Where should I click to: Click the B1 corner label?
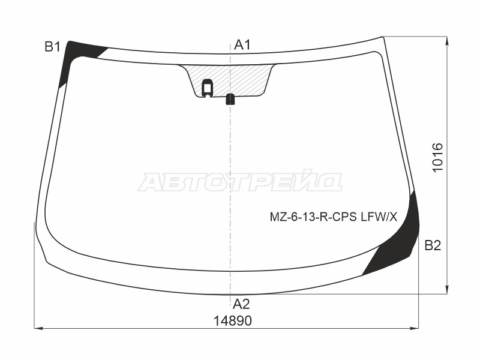coord(52,47)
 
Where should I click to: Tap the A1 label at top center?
coord(242,45)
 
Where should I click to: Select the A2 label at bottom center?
coord(241,304)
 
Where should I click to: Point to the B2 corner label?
coord(433,245)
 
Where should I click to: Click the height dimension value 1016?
coord(438,158)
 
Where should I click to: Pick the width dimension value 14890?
coord(232,321)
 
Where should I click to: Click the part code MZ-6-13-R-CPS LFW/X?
coord(333,217)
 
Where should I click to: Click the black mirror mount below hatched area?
coord(230,100)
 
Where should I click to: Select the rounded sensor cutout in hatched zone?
coord(208,88)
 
